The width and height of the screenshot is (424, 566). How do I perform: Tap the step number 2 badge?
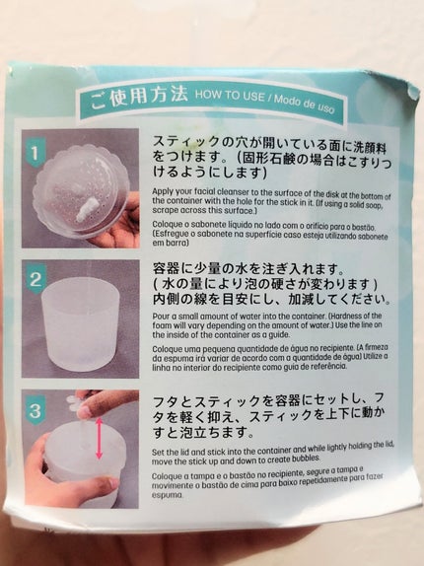coord(35,280)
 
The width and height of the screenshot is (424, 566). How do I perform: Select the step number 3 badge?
coord(35,411)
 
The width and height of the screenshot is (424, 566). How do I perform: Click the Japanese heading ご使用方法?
coord(139,97)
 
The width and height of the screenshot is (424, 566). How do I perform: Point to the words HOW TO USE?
coord(230,96)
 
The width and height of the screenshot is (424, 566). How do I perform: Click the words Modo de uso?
coord(305,103)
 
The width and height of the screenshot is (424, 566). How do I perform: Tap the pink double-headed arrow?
coord(100,438)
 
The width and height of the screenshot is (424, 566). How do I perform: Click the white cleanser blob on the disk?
coord(87,210)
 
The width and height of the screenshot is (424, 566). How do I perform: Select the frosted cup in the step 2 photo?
coord(80,321)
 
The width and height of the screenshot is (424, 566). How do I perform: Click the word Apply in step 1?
coord(162,191)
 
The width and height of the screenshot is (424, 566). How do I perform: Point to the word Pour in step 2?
coord(160,317)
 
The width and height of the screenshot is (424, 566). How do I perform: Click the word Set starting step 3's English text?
coord(158,452)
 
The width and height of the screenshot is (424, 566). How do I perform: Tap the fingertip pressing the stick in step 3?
coord(86,410)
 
